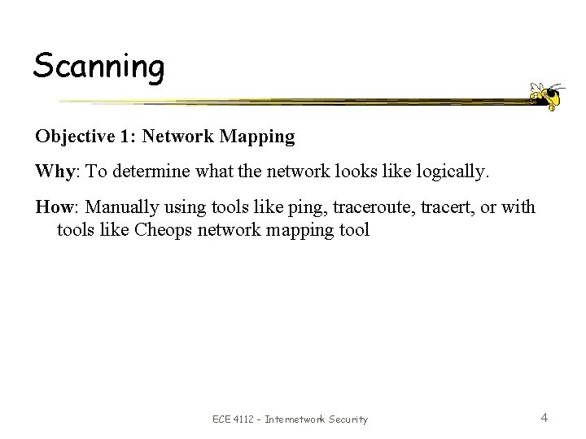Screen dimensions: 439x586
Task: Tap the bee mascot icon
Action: pos(546,95)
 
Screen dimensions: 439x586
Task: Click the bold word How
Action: pos(50,207)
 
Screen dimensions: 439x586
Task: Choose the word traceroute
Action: pos(346,207)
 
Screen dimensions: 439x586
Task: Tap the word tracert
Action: pos(427,207)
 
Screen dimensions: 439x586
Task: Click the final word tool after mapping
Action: pos(354,230)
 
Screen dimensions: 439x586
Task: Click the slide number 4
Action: pos(544,418)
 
